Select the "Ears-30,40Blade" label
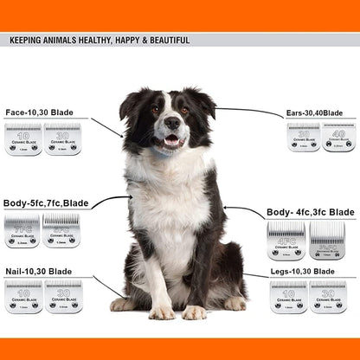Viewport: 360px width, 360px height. tap(314, 112)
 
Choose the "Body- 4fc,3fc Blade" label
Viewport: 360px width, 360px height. tap(310, 211)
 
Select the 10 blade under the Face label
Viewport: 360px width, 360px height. tap(23, 139)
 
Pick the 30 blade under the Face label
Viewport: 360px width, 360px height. tap(62, 139)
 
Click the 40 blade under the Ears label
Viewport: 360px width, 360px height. tap(338, 137)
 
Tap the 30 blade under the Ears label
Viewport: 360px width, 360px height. tap(304, 137)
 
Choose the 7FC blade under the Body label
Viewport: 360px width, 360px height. tap(22, 231)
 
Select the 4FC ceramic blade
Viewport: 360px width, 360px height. tap(286, 241)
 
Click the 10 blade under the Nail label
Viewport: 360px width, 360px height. tap(23, 296)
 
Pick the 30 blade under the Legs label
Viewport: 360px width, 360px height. tap(327, 297)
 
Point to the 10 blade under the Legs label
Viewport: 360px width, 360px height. tap(288, 297)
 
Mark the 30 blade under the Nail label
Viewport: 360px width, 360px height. tap(62, 296)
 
